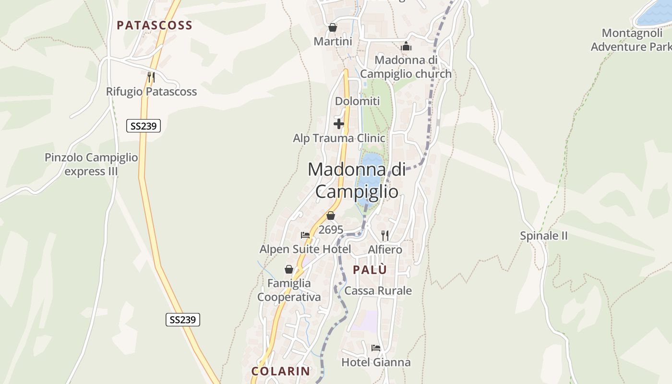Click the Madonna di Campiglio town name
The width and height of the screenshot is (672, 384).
pos(357,180)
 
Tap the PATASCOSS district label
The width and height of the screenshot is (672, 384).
pos(154,25)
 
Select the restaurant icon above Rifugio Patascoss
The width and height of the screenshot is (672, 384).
pos(151,76)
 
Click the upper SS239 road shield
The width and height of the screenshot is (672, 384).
pos(144,126)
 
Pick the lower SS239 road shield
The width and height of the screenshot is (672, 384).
pos(183,320)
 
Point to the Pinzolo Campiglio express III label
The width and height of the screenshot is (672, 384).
pos(91,164)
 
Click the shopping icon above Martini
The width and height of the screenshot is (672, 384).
pos(332,27)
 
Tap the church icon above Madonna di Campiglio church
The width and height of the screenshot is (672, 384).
pos(406,47)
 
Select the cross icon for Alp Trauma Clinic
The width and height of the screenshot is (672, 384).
pos(339,124)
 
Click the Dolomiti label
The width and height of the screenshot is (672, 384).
pos(357,101)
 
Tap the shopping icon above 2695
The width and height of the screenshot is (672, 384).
pos(330,216)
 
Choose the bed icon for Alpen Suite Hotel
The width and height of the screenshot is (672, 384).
pos(305,235)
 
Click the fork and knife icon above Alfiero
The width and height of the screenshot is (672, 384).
pos(384,235)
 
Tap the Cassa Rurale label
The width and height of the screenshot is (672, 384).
pos(378,290)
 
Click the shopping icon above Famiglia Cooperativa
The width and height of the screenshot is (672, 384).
pos(289,269)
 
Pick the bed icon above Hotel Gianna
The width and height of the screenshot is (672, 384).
pos(375,348)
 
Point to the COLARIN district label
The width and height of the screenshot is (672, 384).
pos(281,371)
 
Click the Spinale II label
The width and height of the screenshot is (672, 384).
pos(544,236)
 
